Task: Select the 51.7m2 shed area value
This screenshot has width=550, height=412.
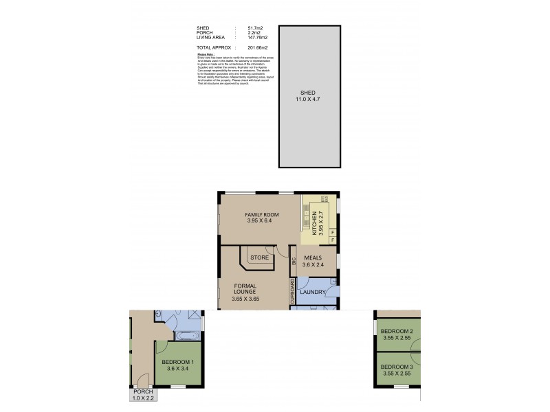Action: tap(248, 28)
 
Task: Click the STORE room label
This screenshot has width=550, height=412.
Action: tap(258, 257)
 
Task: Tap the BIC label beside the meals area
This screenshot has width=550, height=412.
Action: tap(294, 262)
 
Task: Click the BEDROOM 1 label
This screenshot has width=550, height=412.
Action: tap(178, 362)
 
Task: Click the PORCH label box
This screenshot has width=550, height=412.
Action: tap(144, 393)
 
